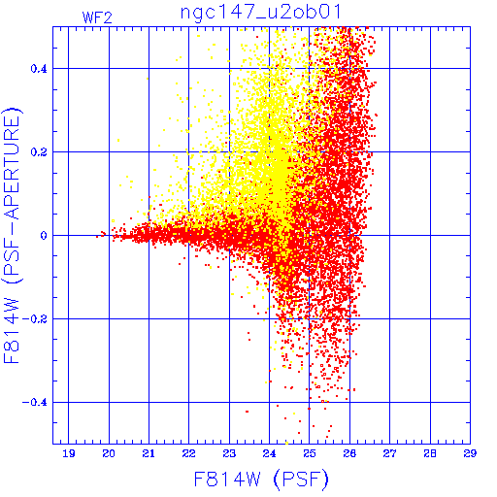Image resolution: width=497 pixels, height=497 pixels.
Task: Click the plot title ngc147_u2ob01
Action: pos(261,13)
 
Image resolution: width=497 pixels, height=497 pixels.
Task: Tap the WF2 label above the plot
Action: pos(97,17)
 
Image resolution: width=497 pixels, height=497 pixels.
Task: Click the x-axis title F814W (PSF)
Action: pos(261,479)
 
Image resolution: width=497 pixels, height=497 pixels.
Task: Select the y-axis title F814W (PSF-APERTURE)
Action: pos(13,236)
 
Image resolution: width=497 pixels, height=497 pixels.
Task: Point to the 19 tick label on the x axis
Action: pos(69,453)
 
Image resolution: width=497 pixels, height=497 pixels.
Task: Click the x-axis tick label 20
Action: pos(109,453)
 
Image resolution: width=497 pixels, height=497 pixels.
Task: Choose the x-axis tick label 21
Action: pos(149,453)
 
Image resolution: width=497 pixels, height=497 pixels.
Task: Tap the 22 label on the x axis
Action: pos(189,453)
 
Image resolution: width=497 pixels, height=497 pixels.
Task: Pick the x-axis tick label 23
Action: pos(229,453)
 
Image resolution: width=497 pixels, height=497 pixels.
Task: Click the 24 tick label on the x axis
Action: pos(269,453)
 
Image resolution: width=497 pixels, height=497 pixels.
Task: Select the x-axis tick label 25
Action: pos(310,453)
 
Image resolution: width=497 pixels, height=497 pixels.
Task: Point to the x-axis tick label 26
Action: pos(349,453)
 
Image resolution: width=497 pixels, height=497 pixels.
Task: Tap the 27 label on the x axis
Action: pos(389,453)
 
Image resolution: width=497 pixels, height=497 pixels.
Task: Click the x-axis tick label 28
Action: pos(430,453)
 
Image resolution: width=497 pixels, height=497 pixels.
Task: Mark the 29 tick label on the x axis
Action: pos(470,453)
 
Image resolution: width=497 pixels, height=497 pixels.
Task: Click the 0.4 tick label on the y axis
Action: pos(39,69)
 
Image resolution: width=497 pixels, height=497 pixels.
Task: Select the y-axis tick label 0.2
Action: pos(39,152)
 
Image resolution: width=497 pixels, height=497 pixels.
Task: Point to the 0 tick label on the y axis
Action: pos(44,236)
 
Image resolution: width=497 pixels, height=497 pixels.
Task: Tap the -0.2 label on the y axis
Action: pos(35,319)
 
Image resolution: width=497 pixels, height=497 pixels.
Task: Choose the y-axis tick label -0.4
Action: pos(35,403)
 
